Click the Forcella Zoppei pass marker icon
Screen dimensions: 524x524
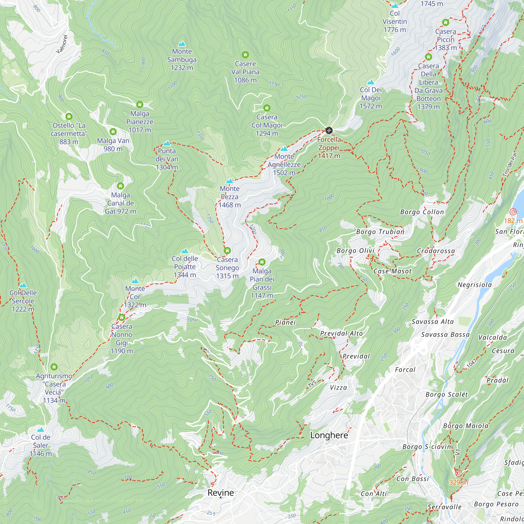pyautogui.click(x=329, y=130)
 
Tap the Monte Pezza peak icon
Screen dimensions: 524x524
pyautogui.click(x=230, y=181)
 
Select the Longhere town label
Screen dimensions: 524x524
pyautogui.click(x=329, y=435)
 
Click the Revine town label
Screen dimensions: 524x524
pyautogui.click(x=221, y=493)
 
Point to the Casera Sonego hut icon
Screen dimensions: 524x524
pyautogui.click(x=227, y=251)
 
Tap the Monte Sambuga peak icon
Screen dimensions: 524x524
pyautogui.click(x=182, y=44)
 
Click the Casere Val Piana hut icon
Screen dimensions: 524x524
pyautogui.click(x=245, y=55)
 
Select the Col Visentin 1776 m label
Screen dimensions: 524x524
pyautogui.click(x=395, y=22)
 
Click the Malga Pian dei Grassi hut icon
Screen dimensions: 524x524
pyautogui.click(x=262, y=262)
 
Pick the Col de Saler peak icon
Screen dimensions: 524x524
pyautogui.click(x=40, y=430)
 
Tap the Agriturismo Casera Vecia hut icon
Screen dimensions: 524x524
pyautogui.click(x=54, y=367)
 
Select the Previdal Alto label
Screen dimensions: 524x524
pyautogui.click(x=341, y=334)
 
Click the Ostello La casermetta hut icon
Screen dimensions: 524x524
pyautogui.click(x=69, y=116)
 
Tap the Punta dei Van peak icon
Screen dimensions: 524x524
pyautogui.click(x=167, y=143)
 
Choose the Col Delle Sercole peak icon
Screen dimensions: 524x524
pyautogui.click(x=23, y=285)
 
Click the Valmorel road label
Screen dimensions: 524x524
pyautogui.click(x=62, y=44)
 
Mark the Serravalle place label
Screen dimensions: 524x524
pyautogui.click(x=444, y=507)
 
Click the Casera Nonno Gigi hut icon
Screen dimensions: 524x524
pyautogui.click(x=122, y=317)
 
